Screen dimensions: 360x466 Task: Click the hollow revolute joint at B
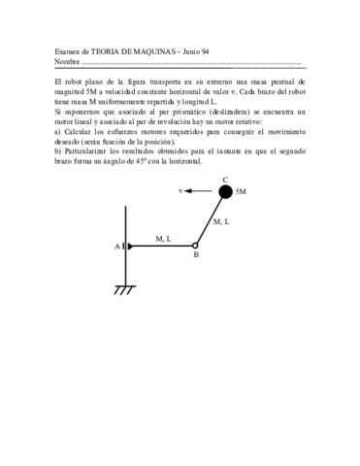195,246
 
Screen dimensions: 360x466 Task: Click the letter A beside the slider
116,247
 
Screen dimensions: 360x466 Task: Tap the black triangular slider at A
125,247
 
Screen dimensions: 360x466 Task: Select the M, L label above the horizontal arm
162,238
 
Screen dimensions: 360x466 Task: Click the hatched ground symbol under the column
124,290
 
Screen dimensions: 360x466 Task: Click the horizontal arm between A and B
160,246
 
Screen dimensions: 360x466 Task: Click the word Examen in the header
67,51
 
